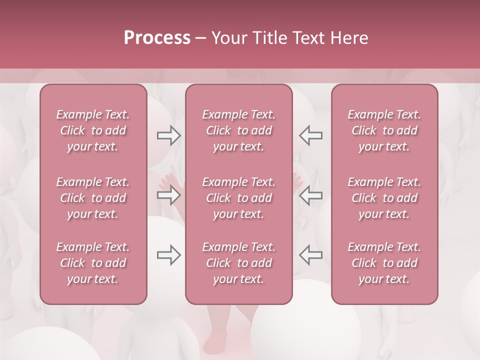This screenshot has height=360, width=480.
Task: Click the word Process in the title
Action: pos(157,37)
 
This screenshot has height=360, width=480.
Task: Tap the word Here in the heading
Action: pos(348,37)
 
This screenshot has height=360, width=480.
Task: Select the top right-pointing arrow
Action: pos(169,135)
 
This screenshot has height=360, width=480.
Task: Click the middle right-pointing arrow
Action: pos(169,195)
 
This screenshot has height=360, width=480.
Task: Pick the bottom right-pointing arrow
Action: pos(169,255)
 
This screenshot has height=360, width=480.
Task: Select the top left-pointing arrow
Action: pos(310,135)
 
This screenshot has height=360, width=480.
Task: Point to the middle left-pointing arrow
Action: pos(310,195)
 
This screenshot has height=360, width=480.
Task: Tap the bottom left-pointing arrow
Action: pos(310,255)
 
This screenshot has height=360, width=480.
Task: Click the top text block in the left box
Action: pos(93,130)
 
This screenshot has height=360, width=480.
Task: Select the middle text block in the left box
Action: pos(93,198)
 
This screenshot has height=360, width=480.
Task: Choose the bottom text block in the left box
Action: pos(93,263)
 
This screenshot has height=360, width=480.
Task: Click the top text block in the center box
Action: pos(239,130)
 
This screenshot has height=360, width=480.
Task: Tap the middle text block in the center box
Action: pos(239,198)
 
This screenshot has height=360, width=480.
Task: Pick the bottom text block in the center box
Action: pos(239,263)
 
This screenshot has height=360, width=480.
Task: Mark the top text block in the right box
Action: pos(384,130)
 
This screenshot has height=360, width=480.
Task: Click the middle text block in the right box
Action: pos(384,198)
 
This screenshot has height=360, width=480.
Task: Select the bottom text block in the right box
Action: pos(384,263)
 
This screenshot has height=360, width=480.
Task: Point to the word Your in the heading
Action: pos(228,37)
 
